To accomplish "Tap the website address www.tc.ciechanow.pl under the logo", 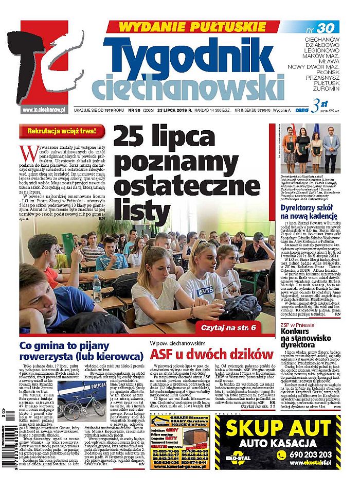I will pyautogui.click(x=45, y=109).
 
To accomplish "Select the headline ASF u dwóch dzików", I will pyautogui.click(x=211, y=355).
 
